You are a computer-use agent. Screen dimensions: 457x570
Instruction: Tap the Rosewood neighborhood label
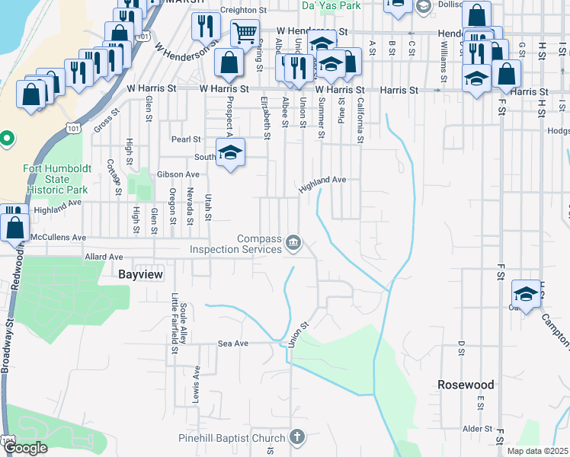click(x=466, y=385)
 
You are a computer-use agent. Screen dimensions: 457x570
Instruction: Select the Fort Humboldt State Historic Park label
click(x=56, y=179)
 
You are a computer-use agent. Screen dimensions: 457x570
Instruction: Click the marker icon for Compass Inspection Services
click(x=293, y=244)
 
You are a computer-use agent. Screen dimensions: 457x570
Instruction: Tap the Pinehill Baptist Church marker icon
click(x=296, y=437)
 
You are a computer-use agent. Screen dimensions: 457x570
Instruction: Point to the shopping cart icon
click(x=245, y=34)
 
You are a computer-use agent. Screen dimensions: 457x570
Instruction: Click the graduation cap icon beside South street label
click(x=229, y=152)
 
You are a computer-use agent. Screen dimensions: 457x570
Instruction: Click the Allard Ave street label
click(x=104, y=257)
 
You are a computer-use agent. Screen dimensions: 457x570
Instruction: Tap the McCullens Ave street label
click(x=59, y=237)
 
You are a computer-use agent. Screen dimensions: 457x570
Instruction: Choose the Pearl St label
click(x=185, y=139)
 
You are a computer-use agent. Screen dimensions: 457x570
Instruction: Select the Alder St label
click(x=478, y=429)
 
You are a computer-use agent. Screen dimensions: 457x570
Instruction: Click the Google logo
click(x=26, y=448)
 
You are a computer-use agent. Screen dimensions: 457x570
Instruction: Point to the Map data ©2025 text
click(x=538, y=452)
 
